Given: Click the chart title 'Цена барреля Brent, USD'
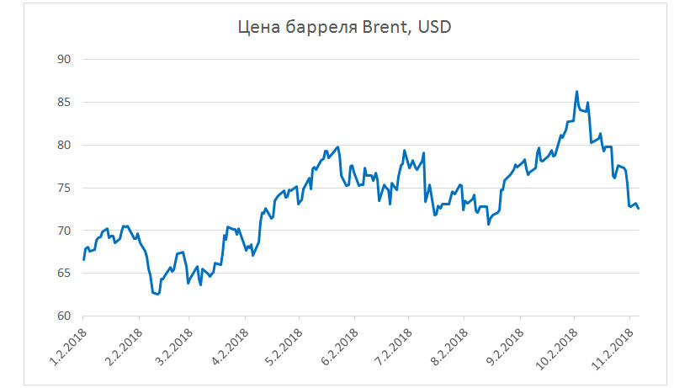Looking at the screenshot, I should point(345,29).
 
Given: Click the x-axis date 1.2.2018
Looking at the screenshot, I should point(65,347).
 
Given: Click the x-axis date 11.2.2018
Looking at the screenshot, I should point(613,347).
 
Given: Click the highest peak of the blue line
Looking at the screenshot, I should point(576,92).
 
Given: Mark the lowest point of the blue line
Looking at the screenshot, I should point(157,295).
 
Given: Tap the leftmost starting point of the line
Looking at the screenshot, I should point(83,259).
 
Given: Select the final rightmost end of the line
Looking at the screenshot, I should point(639,209).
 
